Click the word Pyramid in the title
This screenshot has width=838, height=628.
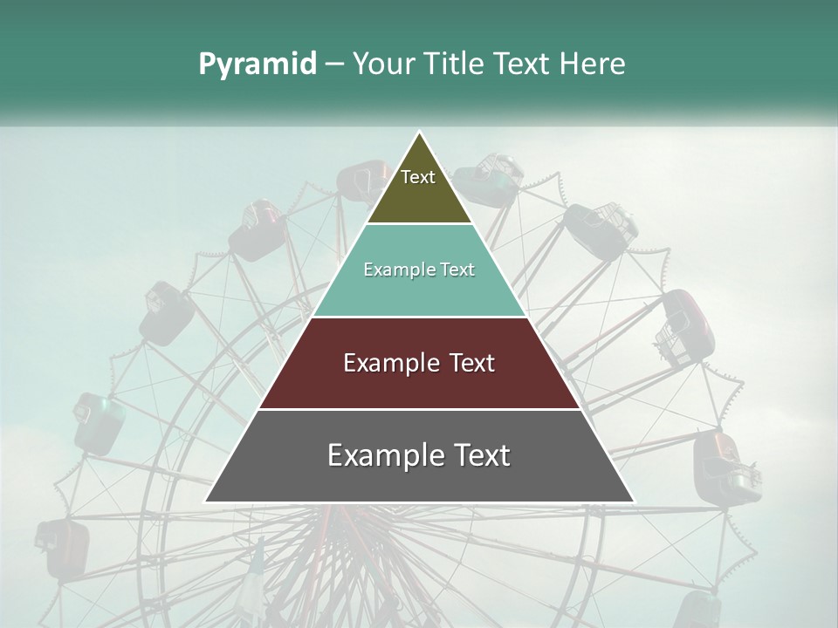coord(257,65)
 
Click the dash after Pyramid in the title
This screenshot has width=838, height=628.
coord(334,65)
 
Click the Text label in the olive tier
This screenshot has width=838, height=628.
coord(418,177)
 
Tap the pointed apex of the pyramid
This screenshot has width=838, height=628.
coord(419,133)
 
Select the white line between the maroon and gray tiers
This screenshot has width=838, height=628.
coord(419,409)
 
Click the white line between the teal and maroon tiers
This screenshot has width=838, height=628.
coord(419,317)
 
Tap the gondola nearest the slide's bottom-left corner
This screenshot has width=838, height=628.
coord(63,549)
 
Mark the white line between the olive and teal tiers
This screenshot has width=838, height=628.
coord(419,224)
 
